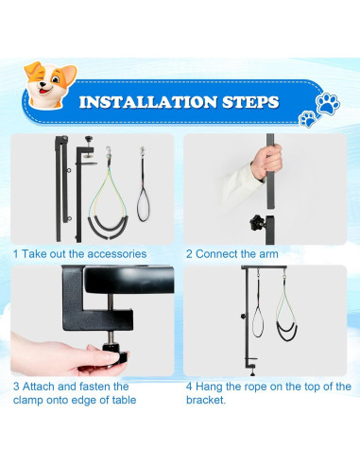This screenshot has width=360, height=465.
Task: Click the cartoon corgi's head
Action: (x=50, y=84)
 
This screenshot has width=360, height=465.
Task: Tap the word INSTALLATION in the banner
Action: (x=148, y=102)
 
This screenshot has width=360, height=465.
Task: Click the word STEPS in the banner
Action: (x=250, y=102)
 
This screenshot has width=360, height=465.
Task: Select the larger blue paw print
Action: (x=328, y=103)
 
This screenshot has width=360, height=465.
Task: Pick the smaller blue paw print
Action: (x=308, y=119)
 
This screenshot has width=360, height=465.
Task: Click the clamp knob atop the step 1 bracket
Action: (x=89, y=139)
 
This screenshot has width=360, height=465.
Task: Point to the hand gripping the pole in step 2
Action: (x=266, y=162)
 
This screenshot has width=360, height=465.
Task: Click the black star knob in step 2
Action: (x=257, y=223)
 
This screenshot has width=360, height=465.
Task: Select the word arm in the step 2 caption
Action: (x=268, y=254)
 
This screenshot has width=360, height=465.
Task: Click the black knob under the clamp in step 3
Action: (x=115, y=354)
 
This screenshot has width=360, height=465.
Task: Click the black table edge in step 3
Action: (x=129, y=280)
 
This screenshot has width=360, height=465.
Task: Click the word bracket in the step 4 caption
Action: (x=205, y=400)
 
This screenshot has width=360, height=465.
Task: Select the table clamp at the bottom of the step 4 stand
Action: (x=251, y=367)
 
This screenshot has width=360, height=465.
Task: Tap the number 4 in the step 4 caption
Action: (x=189, y=387)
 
